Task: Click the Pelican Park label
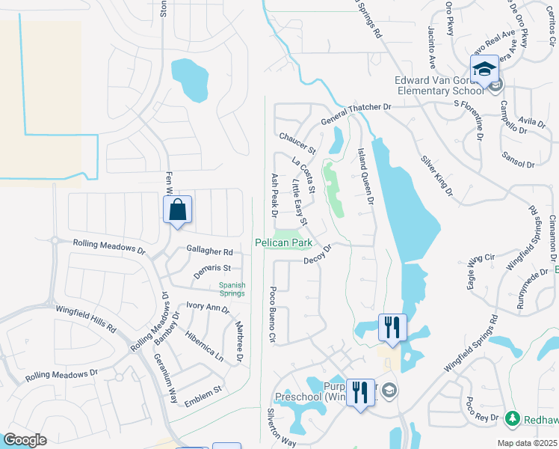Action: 282,242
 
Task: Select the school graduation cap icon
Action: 484,70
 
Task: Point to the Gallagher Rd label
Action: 209,252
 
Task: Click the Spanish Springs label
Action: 232,288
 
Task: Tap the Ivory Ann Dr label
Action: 208,308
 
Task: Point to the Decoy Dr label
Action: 318,257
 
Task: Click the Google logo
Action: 25,440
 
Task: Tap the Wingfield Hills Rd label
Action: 86,318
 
